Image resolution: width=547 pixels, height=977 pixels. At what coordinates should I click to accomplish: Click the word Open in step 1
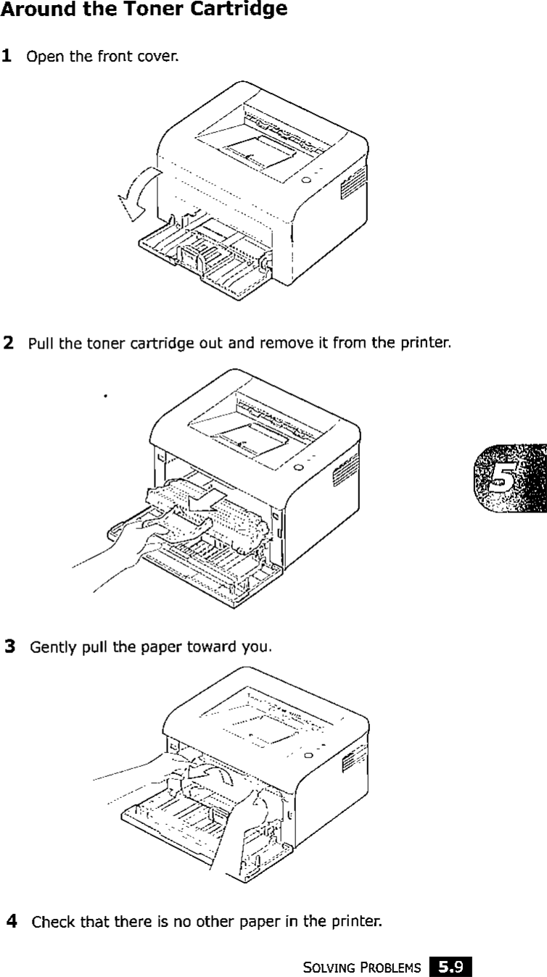(41, 57)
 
